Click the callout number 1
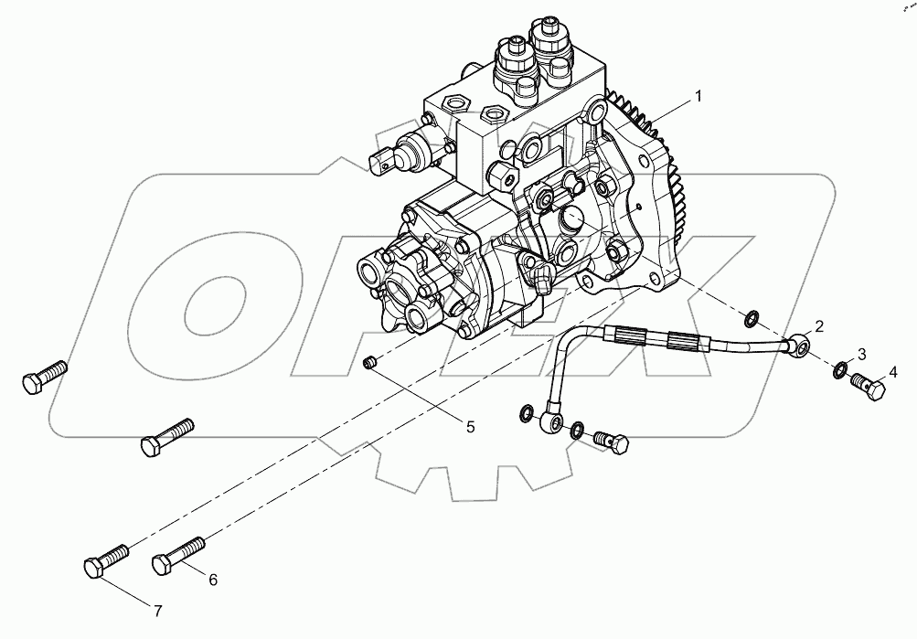[698, 96]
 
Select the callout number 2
[820, 325]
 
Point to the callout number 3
[861, 354]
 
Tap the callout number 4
[893, 372]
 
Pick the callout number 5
[470, 426]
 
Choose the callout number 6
[212, 579]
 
